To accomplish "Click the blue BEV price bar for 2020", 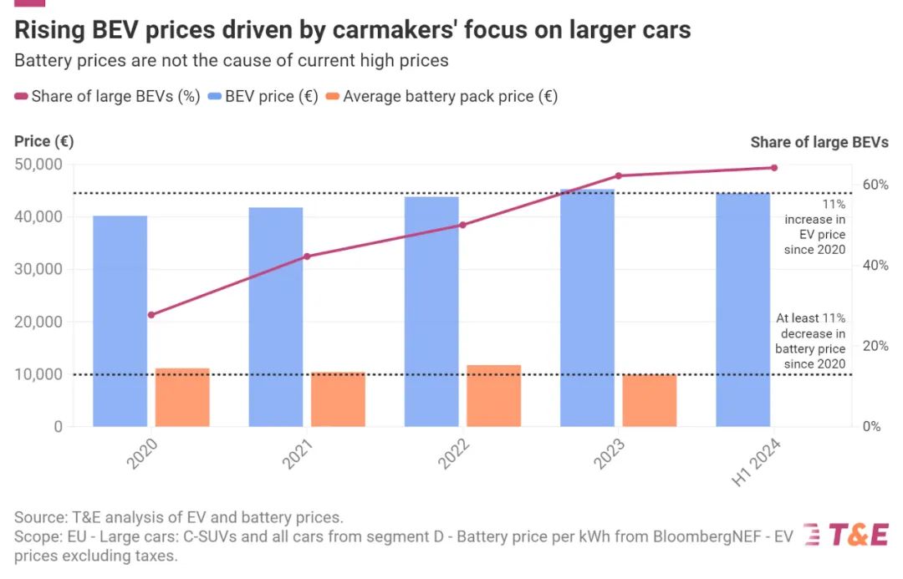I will (120, 321).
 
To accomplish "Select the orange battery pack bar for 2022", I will (493, 395).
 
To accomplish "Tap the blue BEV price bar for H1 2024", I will (742, 309).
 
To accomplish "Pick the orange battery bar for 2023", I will (649, 400).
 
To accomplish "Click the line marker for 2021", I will (307, 256).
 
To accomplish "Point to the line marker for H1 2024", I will (774, 168).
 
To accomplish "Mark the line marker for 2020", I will (151, 315).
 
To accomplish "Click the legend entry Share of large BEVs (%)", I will (107, 96).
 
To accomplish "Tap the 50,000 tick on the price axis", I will (38, 165).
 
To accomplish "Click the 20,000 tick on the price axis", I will (38, 322).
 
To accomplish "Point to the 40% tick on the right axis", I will (876, 266).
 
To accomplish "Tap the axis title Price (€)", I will (43, 141).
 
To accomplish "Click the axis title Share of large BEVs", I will (819, 142).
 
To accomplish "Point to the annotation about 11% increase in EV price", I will (814, 226).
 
